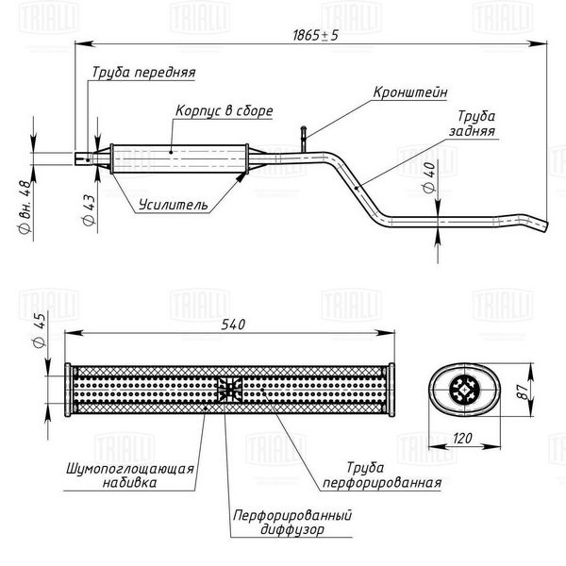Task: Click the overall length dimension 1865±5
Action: click(315, 36)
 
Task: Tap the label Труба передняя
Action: click(143, 73)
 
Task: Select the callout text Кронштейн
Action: click(410, 92)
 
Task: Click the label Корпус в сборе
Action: click(225, 110)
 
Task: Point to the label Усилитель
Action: click(174, 205)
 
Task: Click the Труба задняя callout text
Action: click(473, 124)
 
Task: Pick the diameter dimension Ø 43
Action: click(89, 210)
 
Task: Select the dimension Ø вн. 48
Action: click(25, 207)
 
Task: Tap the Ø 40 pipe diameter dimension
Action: click(429, 177)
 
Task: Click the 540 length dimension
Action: click(233, 325)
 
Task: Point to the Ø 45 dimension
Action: click(39, 330)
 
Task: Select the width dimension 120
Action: click(462, 439)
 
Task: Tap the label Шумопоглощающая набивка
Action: click(130, 475)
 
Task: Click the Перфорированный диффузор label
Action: click(292, 523)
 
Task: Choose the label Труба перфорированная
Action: click(382, 475)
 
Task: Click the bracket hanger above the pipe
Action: click(304, 140)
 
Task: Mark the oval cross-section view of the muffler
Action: click(464, 390)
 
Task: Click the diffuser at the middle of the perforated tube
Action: click(229, 390)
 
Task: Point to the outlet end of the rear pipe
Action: click(544, 226)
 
